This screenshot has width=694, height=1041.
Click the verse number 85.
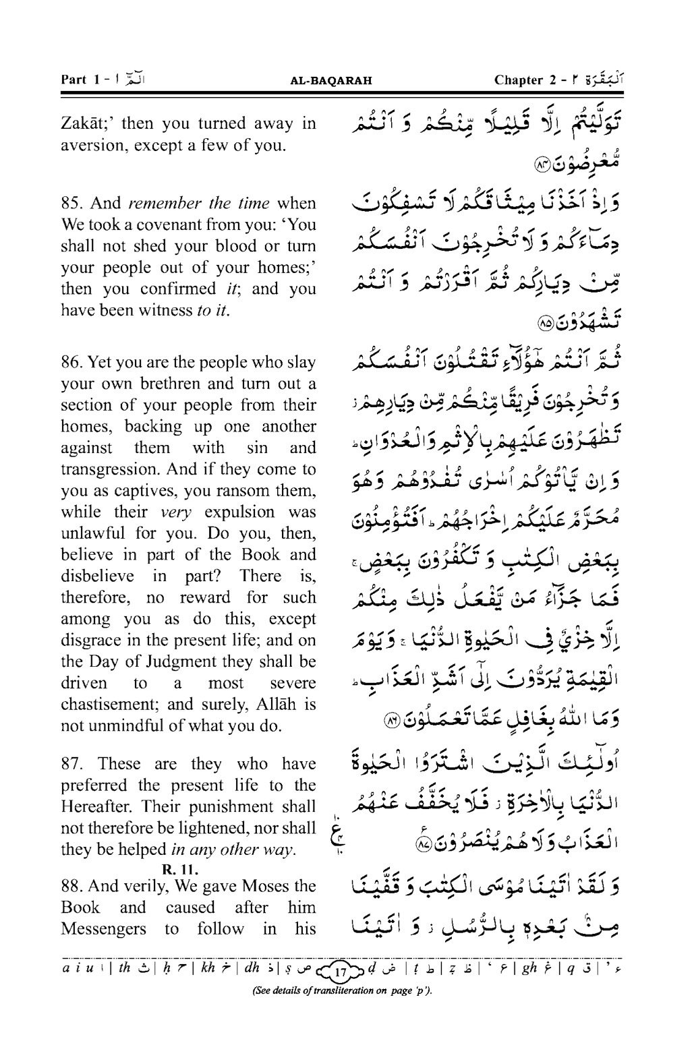coord(71,203)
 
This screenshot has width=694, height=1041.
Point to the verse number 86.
coord(71,362)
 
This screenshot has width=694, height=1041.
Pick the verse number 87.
coord(71,763)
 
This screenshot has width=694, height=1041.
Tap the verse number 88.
coord(71,885)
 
